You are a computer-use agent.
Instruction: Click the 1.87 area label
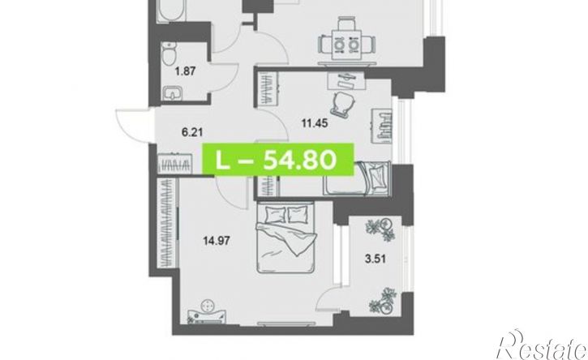coord(186,71)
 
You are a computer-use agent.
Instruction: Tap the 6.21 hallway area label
coord(191,132)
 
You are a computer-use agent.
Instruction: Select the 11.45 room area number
coord(315,122)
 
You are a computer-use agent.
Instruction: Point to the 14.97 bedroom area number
coord(217,240)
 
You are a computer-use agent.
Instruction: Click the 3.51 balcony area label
coord(376,259)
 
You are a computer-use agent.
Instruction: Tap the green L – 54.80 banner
coord(278,160)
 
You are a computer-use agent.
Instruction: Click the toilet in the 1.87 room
coord(170,54)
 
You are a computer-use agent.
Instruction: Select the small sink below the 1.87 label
coord(173,92)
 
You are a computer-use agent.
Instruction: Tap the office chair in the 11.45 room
coord(342,102)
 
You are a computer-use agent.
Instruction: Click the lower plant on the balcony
coord(383,301)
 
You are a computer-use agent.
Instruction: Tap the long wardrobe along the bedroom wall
coord(166,223)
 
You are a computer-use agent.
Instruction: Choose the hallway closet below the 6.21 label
coord(174,164)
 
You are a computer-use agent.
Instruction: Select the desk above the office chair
coord(346,80)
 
